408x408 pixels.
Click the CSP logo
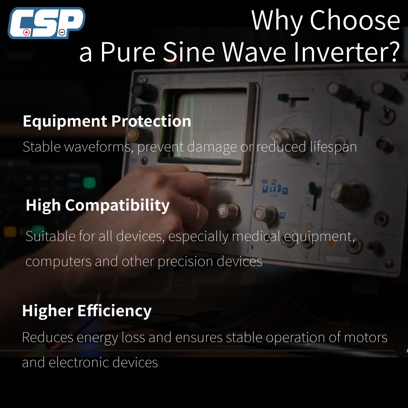pyautogui.click(x=47, y=23)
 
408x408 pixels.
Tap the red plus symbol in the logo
pyautogui.click(x=26, y=32)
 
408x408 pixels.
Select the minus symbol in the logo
pyautogui.click(x=62, y=32)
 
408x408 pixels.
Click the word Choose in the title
pyautogui.click(x=355, y=20)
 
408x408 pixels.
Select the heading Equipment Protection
pyautogui.click(x=107, y=121)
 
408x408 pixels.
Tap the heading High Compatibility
pyautogui.click(x=98, y=205)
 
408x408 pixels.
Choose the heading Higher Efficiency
pyautogui.click(x=86, y=311)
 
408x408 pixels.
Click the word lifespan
pyautogui.click(x=333, y=147)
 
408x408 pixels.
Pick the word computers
pyautogui.click(x=58, y=262)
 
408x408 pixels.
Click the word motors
pyautogui.click(x=366, y=337)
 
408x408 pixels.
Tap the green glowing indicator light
pyautogui.click(x=89, y=182)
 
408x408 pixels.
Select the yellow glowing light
pyautogui.click(x=10, y=232)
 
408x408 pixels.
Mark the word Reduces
pyautogui.click(x=48, y=337)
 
